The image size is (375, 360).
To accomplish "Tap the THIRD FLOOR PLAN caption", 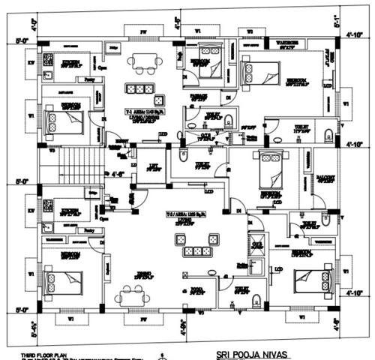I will tap(31, 351).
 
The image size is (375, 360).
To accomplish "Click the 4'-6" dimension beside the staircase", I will tap(118, 158).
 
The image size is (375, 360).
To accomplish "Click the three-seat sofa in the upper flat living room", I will tap(139, 88).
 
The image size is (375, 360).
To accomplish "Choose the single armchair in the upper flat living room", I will tap(159, 100).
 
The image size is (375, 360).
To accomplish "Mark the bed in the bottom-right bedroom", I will tap(308, 281).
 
